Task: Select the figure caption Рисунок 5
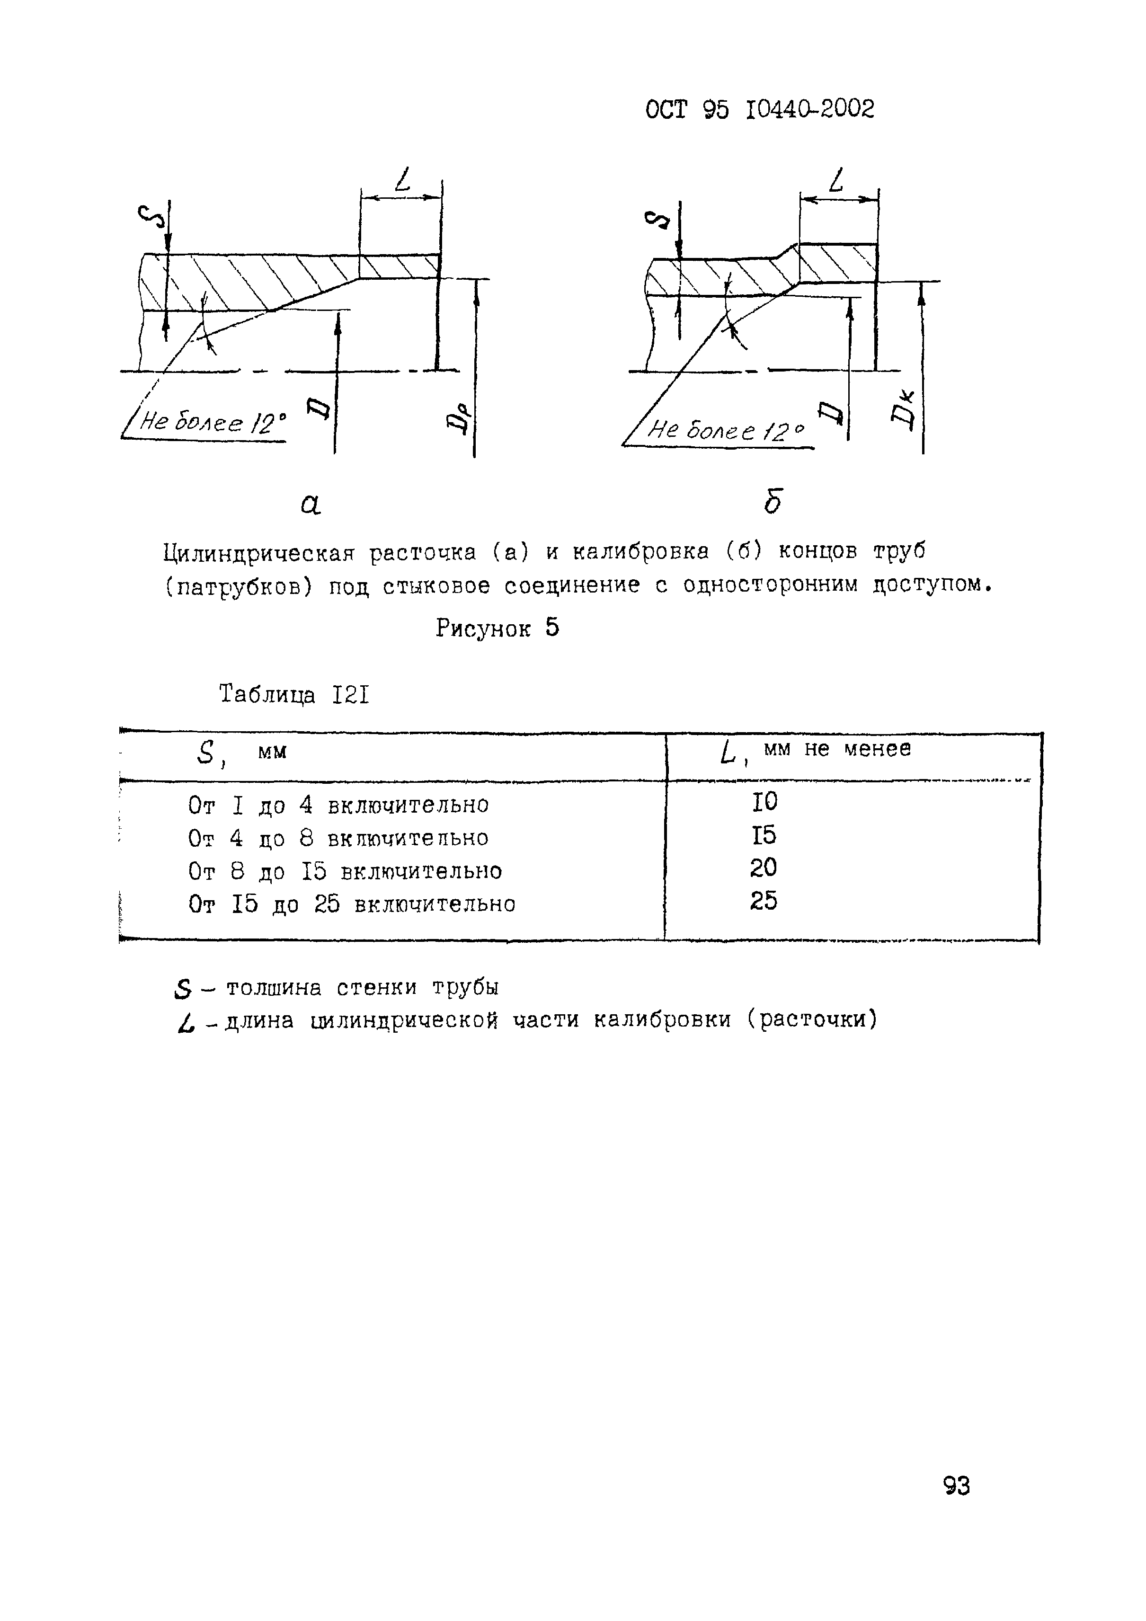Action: point(497,627)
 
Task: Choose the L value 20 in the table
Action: point(764,867)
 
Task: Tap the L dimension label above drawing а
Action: point(402,181)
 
